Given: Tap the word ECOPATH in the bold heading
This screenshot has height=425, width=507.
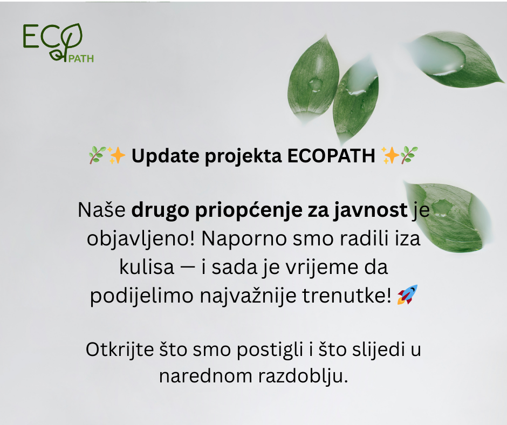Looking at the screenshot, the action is point(331,156).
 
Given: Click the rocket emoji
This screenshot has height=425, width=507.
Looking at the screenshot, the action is point(407,294).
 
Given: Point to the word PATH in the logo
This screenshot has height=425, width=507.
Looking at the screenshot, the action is point(81,59).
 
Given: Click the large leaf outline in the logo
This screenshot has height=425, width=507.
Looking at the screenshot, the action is point(71,37).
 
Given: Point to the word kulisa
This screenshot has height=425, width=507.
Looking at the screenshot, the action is point(147,268).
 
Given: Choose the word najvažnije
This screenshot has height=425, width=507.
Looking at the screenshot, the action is point(248,296).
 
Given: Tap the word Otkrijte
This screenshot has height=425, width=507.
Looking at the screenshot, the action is point(119,349).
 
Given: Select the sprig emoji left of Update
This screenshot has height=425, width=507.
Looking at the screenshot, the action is point(97,155).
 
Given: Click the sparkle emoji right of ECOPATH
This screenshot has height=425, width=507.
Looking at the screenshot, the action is point(390,155).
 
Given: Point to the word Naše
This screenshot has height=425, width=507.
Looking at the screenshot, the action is point(101,210).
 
